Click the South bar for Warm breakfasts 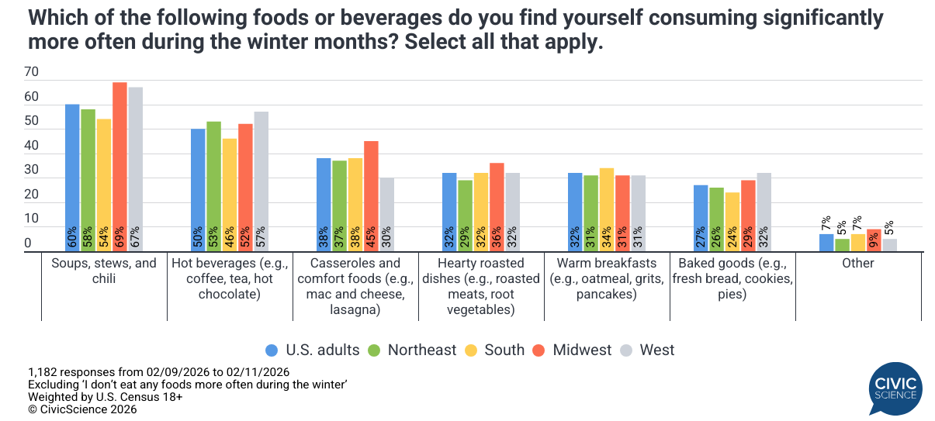pos(607,209)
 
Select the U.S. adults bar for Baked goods pos(701,218)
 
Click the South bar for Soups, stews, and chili pos(104,185)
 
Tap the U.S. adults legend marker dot pos(272,350)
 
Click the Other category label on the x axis pos(858,263)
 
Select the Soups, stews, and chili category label pos(104,271)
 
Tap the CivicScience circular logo pos(895,388)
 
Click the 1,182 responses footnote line pos(158,371)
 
